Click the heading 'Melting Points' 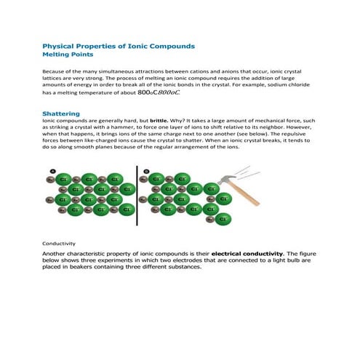(68, 54)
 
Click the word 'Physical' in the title (60, 45)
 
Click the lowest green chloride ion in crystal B (225, 220)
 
